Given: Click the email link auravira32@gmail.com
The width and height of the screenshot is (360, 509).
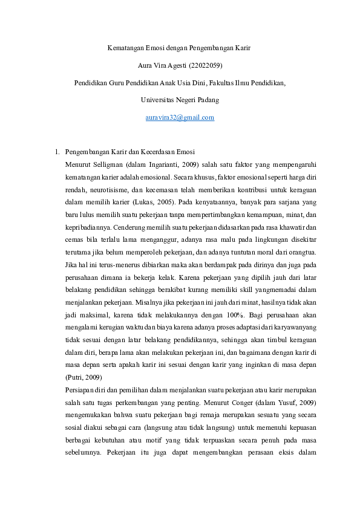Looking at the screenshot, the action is [180, 117].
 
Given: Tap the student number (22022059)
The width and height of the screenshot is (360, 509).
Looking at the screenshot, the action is [209, 64].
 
